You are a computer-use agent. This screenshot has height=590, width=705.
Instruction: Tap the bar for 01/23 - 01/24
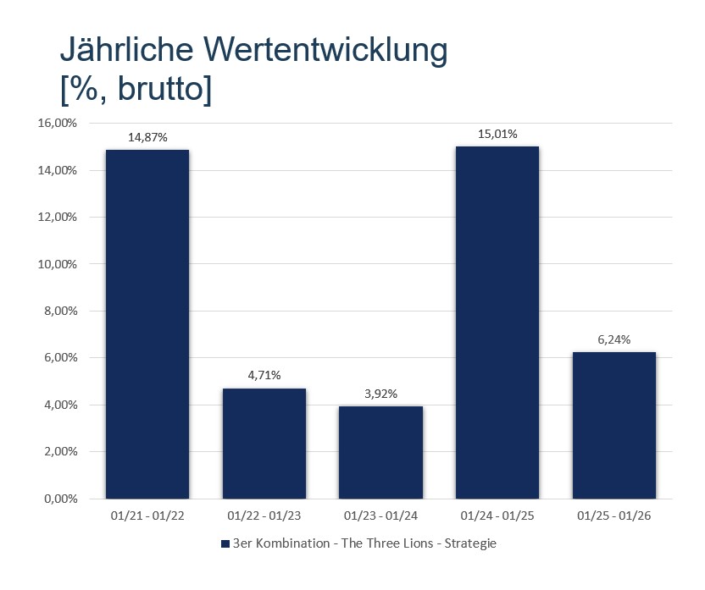click(x=380, y=452)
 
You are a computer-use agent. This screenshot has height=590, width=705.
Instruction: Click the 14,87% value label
click(x=147, y=136)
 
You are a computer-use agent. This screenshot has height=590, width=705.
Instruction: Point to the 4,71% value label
click(x=264, y=375)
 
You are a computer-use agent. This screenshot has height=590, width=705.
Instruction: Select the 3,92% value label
click(x=380, y=394)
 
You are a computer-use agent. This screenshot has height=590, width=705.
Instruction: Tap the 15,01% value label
click(x=497, y=134)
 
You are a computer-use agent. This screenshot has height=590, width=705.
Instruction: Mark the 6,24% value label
click(x=614, y=339)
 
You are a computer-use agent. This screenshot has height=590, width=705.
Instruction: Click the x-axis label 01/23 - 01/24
click(x=380, y=515)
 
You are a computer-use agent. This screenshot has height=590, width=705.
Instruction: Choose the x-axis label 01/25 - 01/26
click(x=614, y=515)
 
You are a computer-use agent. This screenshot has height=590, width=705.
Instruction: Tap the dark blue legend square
click(x=225, y=543)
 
